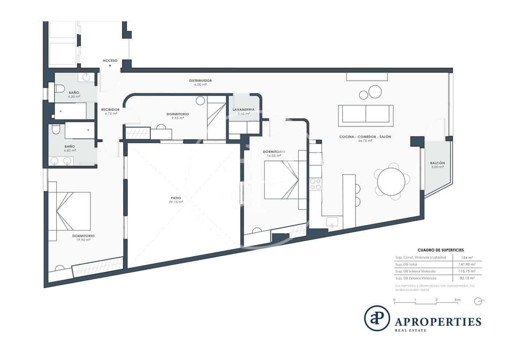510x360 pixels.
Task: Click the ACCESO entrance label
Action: [x=110, y=60]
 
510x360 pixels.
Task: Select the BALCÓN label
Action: [x=437, y=163]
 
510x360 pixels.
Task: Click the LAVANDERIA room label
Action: [x=244, y=110]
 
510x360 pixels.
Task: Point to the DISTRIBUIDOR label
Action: [x=200, y=80]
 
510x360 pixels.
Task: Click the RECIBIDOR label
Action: [x=110, y=109]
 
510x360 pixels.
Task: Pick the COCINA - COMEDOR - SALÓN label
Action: [x=365, y=137]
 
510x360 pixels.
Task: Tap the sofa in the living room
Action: [x=365, y=114]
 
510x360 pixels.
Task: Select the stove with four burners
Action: [x=315, y=184]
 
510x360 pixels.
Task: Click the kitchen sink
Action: [x=332, y=222]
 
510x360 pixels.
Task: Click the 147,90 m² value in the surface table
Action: [x=467, y=265]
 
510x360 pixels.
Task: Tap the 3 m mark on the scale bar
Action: [x=457, y=300]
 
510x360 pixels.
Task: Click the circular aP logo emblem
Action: [x=377, y=318]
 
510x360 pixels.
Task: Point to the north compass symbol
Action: [x=478, y=301]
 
